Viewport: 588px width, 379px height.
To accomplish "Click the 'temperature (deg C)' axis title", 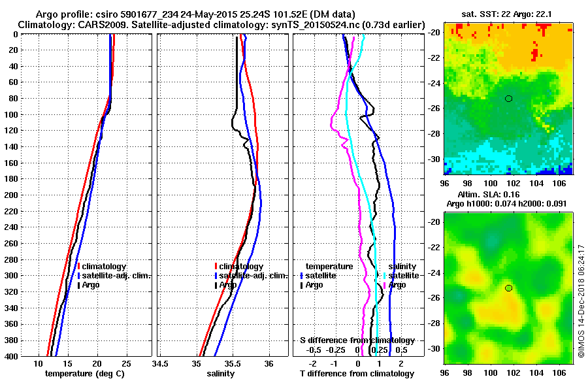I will [x=84, y=374].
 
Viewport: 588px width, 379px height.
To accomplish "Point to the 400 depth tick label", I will [x=11, y=356].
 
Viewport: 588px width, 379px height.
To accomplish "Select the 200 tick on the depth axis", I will [x=11, y=195].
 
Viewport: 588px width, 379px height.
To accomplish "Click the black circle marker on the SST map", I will [x=508, y=99].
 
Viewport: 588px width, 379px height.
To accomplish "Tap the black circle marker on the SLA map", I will [x=508, y=288].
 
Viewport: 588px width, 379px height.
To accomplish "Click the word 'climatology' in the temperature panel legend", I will [x=104, y=267].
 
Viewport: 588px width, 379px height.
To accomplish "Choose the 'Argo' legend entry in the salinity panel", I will [x=228, y=285].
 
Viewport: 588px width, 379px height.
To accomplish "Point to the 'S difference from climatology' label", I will [x=357, y=340].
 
